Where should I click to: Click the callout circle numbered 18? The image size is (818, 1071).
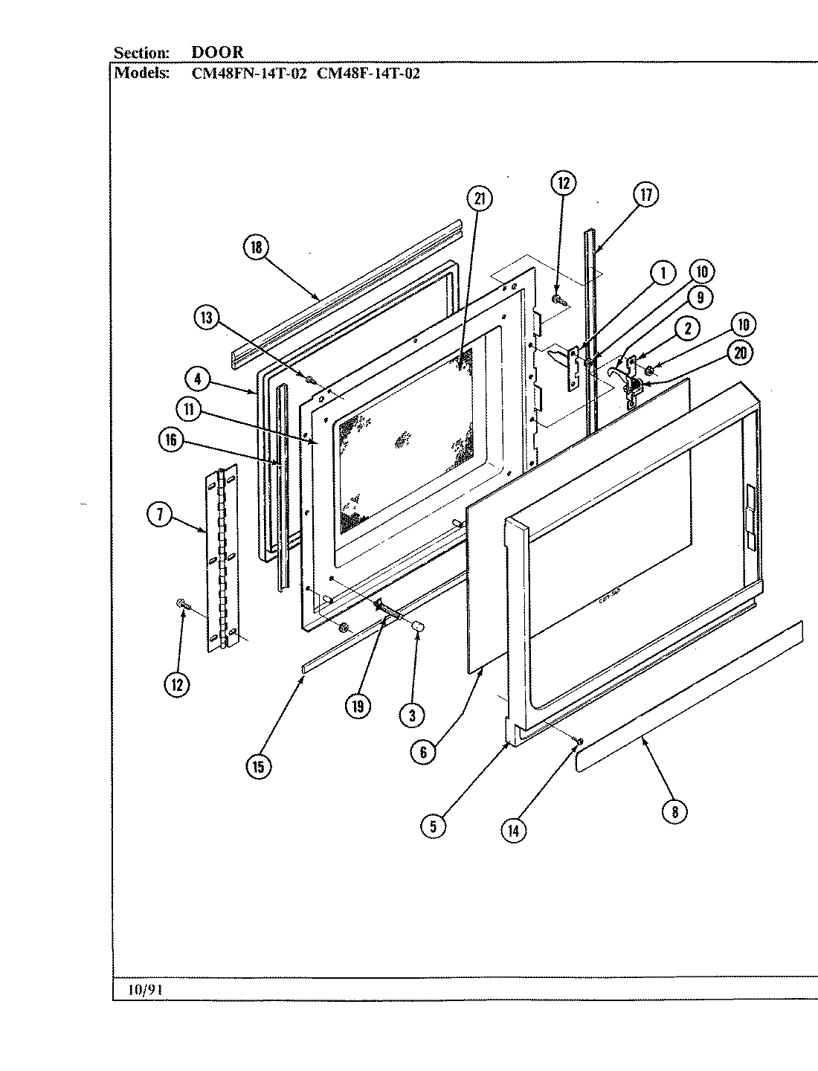(257, 248)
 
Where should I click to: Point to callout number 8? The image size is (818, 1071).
(674, 811)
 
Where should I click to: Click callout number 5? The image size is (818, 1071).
(433, 825)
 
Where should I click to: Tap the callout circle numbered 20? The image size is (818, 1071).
(740, 353)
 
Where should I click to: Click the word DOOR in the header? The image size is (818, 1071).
(217, 53)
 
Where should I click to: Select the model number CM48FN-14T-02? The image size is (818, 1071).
(245, 74)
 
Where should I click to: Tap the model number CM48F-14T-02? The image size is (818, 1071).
(368, 74)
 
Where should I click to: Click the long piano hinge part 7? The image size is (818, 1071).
(221, 558)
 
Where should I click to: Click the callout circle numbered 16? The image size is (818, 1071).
(171, 440)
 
